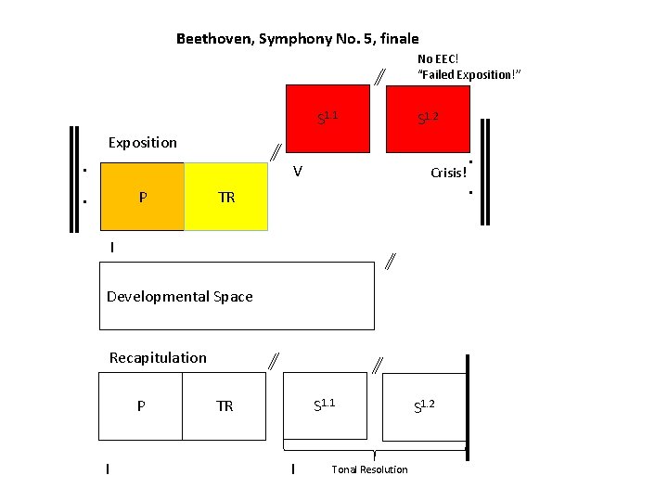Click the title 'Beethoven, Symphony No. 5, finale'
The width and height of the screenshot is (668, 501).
pos(297,39)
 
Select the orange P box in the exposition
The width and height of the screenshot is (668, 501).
pos(142,197)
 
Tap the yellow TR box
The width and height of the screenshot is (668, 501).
pos(226,197)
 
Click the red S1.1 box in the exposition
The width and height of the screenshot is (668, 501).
pos(328,118)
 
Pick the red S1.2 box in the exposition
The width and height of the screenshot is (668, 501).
pos(428,118)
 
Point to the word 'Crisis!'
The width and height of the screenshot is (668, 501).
pos(448,173)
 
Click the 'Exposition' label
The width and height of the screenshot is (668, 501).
pos(142,143)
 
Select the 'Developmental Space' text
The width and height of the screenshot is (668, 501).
pos(179,297)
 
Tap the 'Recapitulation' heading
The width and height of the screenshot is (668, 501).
pos(158,358)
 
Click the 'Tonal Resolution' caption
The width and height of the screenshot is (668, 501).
pos(369,469)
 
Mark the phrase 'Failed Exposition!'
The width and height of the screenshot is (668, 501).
pos(469,74)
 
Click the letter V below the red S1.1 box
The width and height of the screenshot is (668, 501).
pos(297,172)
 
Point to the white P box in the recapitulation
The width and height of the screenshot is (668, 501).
pos(140,405)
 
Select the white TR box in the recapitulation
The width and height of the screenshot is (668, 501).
pos(225,405)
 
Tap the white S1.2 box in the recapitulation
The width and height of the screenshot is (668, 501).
pos(424,405)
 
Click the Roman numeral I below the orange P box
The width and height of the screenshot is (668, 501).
pos(111,248)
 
